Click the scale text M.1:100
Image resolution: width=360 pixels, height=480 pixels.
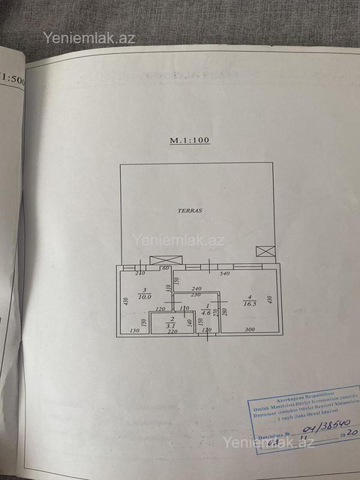189,140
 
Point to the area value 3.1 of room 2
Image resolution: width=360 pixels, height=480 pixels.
172,325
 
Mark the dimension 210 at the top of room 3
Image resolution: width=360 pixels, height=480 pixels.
141,274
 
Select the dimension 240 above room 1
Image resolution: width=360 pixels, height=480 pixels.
196,289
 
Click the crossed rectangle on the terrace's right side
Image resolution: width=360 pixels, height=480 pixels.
263,251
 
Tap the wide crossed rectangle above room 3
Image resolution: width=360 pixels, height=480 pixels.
166,260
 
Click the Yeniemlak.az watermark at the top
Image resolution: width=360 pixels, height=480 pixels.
89,38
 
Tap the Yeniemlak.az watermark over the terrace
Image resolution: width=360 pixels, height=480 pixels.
180,241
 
